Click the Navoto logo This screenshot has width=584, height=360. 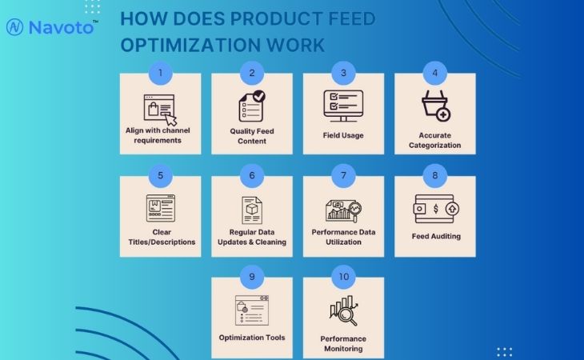(52, 26)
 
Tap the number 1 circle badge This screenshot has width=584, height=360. (160, 73)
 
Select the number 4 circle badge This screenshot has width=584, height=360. (435, 73)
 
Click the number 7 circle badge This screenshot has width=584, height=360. (343, 175)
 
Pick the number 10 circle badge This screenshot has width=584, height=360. (343, 277)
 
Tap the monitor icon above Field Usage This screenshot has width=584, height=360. (343, 105)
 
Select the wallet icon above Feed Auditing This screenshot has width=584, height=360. (435, 209)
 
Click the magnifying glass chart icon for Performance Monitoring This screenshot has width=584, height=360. (343, 311)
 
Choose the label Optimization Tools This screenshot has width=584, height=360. (252, 338)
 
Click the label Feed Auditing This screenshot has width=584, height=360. (435, 237)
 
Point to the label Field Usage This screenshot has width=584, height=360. (343, 135)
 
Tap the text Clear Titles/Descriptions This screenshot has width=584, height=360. (160, 237)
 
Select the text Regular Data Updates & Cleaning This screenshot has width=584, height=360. (252, 237)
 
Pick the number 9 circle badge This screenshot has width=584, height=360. (252, 277)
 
